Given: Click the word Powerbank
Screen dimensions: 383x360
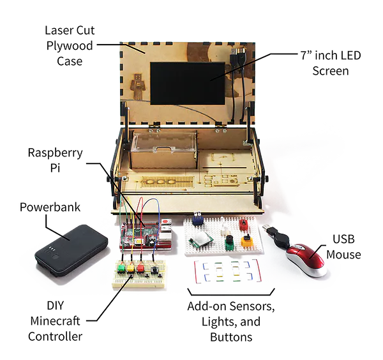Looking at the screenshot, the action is pyautogui.click(x=50, y=207).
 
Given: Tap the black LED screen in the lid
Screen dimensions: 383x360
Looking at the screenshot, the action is pyautogui.click(x=187, y=83).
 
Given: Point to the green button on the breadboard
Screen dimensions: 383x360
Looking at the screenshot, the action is pyautogui.click(x=121, y=268).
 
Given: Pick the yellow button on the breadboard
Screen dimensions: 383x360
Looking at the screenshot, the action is pyautogui.click(x=131, y=268).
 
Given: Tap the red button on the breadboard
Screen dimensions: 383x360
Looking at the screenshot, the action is pyautogui.click(x=140, y=267).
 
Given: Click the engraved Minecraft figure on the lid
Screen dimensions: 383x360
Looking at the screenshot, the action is pyautogui.click(x=138, y=86).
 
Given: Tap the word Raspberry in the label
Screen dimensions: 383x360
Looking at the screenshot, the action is pyautogui.click(x=55, y=153).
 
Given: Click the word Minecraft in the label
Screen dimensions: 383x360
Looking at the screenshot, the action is pyautogui.click(x=55, y=321).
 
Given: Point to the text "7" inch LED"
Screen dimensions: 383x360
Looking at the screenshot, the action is pyautogui.click(x=331, y=56).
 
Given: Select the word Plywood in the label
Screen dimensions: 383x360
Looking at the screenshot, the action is pyautogui.click(x=70, y=46).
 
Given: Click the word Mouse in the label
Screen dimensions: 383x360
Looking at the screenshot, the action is pyautogui.click(x=343, y=255).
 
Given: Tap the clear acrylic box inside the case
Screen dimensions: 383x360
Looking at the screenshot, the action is pyautogui.click(x=163, y=149).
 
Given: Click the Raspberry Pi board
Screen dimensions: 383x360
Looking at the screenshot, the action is pyautogui.click(x=146, y=234).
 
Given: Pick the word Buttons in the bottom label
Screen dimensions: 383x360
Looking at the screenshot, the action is pyautogui.click(x=231, y=337).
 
